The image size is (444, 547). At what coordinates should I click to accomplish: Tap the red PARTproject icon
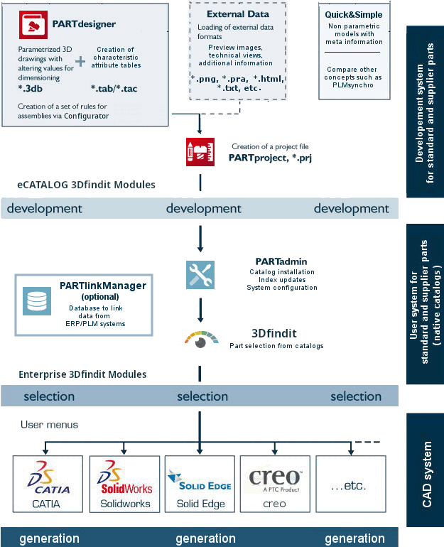pos(200,152)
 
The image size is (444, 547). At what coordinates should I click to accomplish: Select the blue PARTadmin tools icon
pos(200,275)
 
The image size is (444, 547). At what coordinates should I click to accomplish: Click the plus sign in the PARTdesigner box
pos(80,62)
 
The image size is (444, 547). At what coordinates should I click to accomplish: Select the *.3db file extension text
pos(30,88)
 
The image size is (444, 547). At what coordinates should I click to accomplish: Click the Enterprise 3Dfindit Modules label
pos(82,374)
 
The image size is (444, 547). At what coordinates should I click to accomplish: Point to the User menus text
pos(49,425)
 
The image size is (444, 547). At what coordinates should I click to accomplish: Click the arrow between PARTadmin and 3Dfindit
pos(200,310)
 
